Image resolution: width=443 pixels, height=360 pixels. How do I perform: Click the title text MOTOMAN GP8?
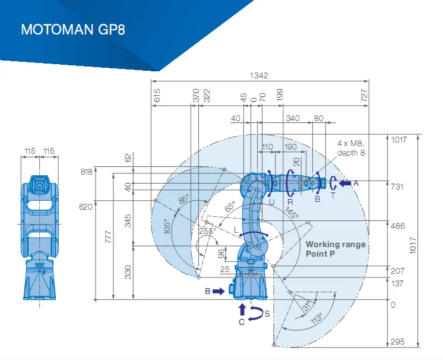[73, 30]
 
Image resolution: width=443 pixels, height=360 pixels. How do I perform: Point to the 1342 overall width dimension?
[259, 75]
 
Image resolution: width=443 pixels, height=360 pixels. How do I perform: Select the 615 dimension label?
[157, 96]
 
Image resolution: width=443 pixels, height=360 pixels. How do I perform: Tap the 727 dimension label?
[365, 96]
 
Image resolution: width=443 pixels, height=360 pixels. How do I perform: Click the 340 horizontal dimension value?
[293, 118]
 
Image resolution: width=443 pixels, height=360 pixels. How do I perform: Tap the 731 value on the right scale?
[397, 187]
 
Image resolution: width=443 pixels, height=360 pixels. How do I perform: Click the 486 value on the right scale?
[397, 225]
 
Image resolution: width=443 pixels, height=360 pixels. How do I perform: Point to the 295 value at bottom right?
[397, 342]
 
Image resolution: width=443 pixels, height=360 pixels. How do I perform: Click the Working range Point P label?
[336, 249]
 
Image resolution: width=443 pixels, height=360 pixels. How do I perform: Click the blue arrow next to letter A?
[344, 184]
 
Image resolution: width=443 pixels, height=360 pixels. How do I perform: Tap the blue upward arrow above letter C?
[242, 309]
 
